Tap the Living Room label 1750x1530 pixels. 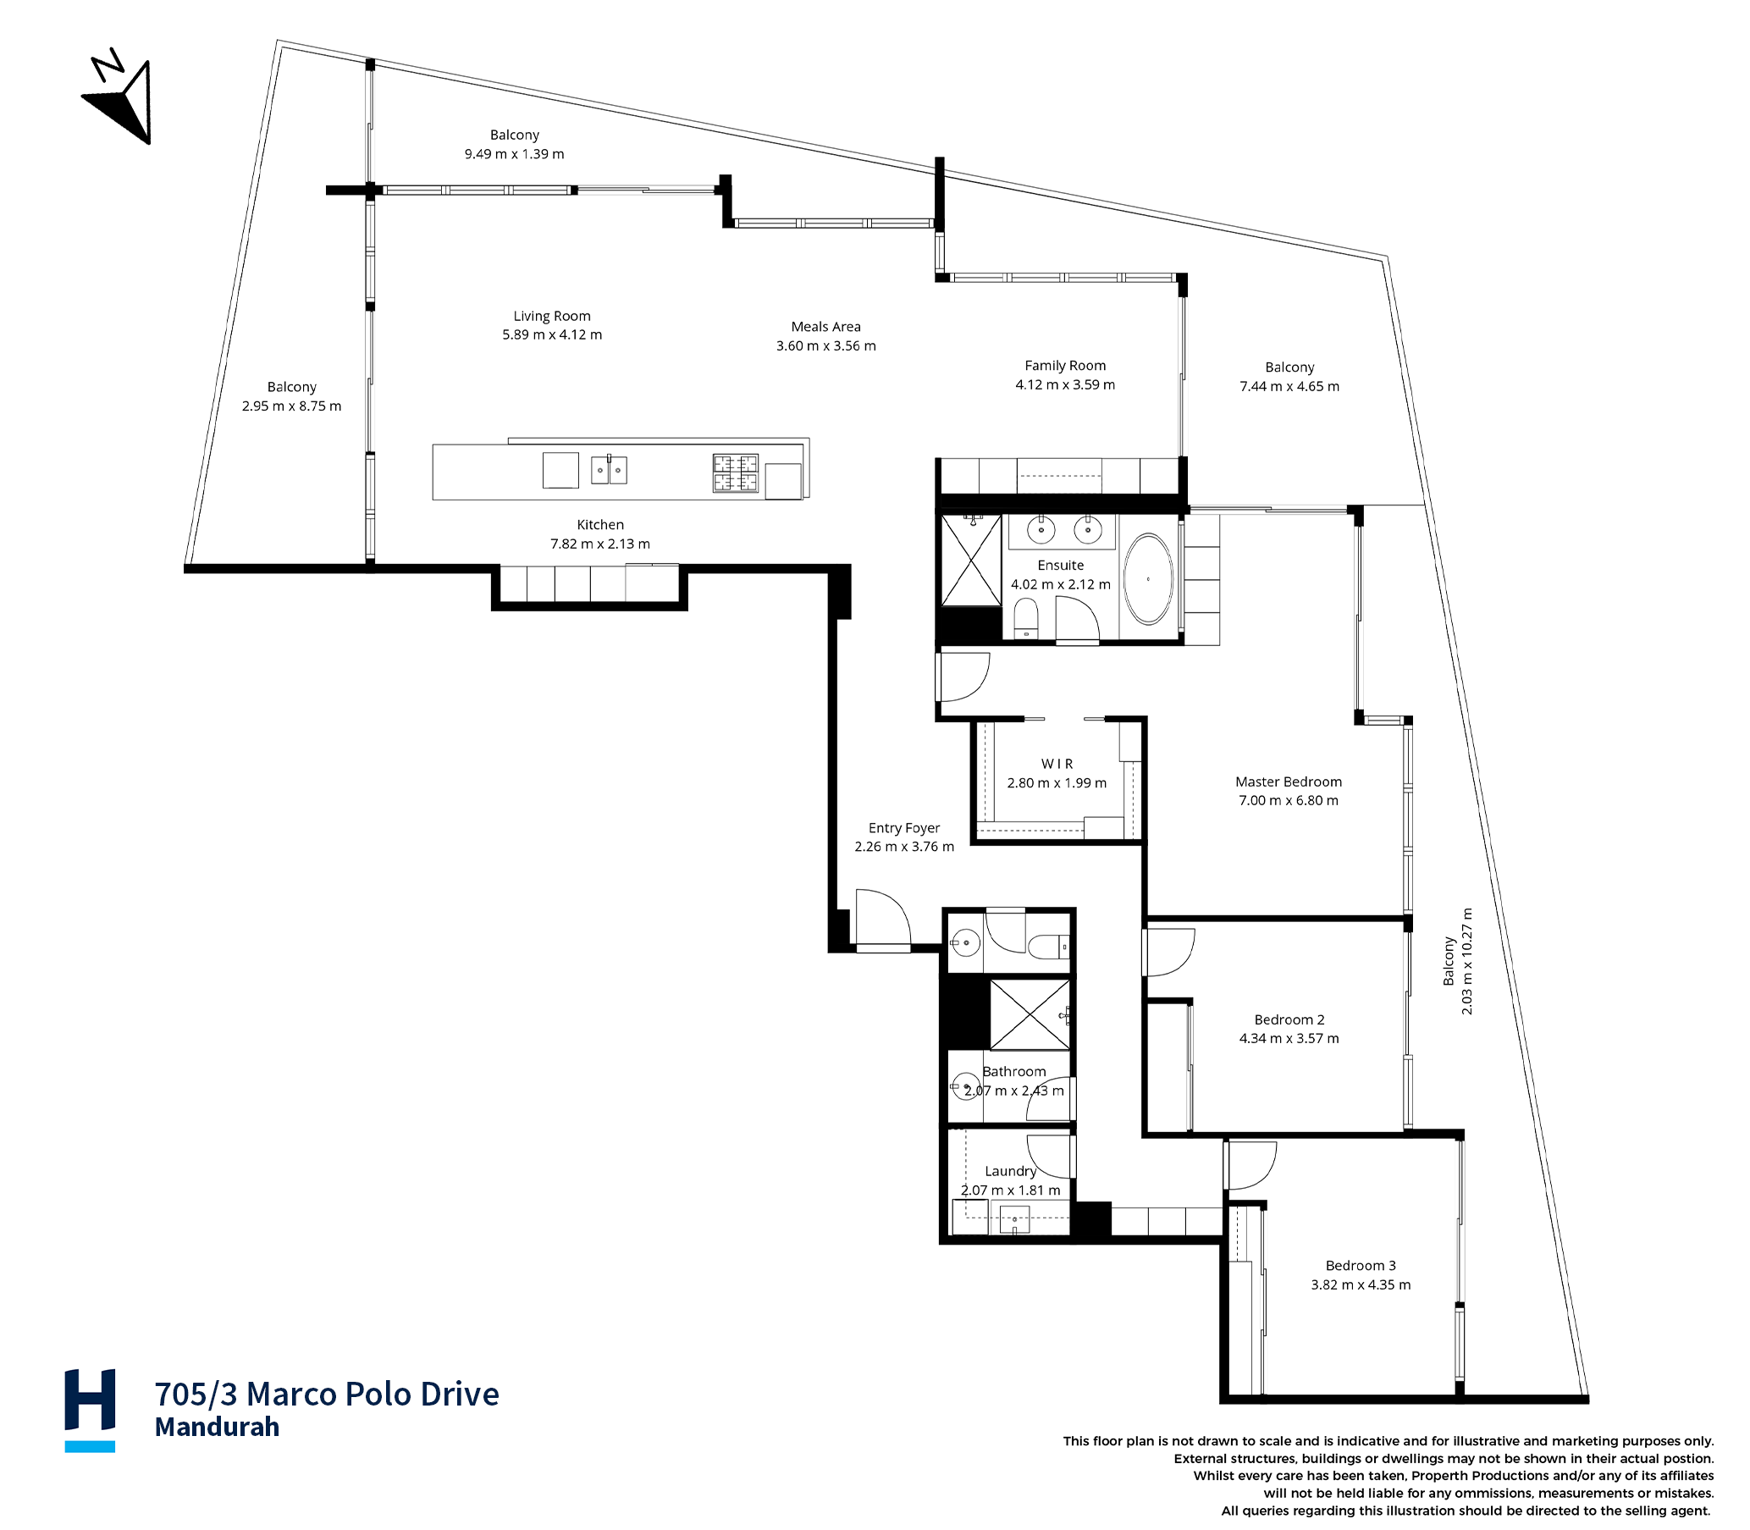[551, 316]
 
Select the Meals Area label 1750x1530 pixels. [825, 326]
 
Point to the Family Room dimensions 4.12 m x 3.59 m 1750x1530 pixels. [1064, 384]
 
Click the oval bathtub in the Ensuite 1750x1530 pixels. [1148, 579]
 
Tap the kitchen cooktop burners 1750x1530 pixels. [735, 473]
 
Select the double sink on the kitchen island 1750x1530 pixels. [609, 470]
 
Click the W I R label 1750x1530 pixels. [1057, 763]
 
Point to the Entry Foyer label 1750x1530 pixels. [904, 827]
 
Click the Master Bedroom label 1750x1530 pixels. [1289, 782]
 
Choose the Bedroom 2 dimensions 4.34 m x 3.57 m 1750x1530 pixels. [1289, 1038]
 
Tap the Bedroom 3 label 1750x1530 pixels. [1361, 1265]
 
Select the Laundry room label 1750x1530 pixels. [1010, 1170]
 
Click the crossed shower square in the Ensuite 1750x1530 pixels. [970, 560]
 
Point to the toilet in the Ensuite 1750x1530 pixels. [1026, 617]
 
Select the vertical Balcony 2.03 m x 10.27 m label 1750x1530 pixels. [1457, 960]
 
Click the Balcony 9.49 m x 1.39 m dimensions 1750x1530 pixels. [514, 154]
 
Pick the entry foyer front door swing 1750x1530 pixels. [884, 918]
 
